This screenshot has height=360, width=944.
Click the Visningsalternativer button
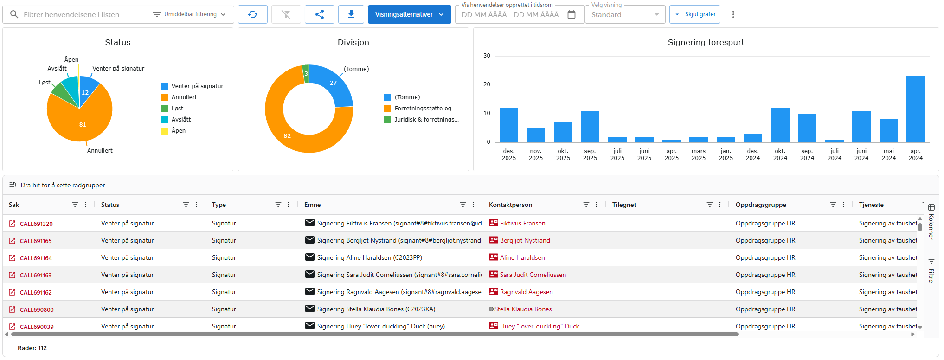[409, 14]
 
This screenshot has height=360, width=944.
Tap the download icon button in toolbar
[351, 14]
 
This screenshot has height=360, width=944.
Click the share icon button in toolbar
[319, 14]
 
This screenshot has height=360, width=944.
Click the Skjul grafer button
[694, 14]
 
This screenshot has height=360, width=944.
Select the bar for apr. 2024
[915, 109]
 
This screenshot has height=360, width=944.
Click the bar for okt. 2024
[780, 125]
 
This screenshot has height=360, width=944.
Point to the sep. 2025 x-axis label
[590, 154]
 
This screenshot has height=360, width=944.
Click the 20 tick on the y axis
[487, 84]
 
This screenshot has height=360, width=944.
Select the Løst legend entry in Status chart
[177, 109]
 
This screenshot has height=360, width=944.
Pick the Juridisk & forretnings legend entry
[426, 120]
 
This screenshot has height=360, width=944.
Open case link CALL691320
[36, 224]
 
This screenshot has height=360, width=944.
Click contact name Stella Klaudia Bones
[523, 309]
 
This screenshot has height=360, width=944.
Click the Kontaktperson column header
[510, 205]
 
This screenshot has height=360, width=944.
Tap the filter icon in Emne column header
[462, 205]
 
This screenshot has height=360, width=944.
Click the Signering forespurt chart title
[706, 42]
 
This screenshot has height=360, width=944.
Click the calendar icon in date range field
[572, 14]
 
